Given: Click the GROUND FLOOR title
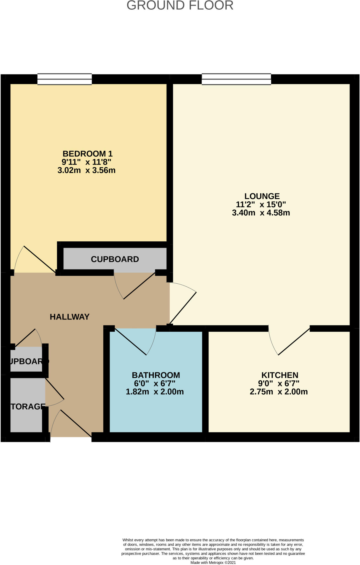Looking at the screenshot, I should pos(180,6).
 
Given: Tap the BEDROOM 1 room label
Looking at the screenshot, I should pos(88,153).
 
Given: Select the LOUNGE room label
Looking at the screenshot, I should pos(262,196).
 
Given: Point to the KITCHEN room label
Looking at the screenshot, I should pos(280,375).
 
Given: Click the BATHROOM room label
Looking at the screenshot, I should pos(156,375).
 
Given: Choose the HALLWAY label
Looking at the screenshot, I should pos(69,317).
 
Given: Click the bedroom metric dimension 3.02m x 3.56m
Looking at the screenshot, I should pos(86,170).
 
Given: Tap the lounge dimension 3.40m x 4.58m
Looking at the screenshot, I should pos(261,213).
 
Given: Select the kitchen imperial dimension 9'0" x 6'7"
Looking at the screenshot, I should pos(278,383).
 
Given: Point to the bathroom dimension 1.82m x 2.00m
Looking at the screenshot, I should pos(155,391).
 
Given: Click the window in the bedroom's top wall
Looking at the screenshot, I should pos(65,79).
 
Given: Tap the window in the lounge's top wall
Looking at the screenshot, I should pos(236,79).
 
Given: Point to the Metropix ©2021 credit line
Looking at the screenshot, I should pos(213,563).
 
